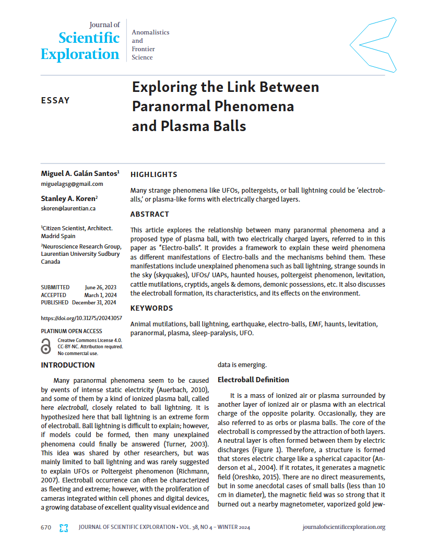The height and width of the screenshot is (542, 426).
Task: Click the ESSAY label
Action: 55,100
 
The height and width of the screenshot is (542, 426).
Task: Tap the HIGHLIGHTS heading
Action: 153,174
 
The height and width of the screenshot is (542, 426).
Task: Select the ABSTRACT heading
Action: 150,214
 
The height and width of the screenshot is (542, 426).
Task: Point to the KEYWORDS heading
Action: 151,308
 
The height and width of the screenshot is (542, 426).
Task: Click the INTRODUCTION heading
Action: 68,365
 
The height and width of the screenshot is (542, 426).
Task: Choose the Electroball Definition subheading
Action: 253,380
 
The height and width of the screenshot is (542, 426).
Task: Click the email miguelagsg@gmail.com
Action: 72,184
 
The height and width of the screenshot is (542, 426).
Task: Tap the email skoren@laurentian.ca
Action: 68,208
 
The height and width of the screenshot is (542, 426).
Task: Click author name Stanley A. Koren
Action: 68,198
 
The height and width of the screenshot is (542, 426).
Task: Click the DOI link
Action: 81,318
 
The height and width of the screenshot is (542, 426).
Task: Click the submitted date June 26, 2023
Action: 101,287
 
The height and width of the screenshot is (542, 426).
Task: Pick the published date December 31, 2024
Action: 94,302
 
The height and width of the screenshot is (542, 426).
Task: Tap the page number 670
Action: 46,527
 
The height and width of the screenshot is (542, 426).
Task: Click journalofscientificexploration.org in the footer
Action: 344,527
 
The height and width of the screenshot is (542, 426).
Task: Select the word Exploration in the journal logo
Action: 80,54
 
